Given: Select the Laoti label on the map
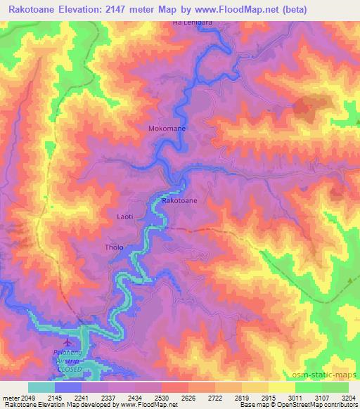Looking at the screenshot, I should [x=124, y=218].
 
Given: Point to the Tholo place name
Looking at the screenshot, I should [x=114, y=248].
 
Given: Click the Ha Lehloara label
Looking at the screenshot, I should [x=192, y=23].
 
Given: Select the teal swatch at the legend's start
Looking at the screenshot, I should [x=41, y=387].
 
